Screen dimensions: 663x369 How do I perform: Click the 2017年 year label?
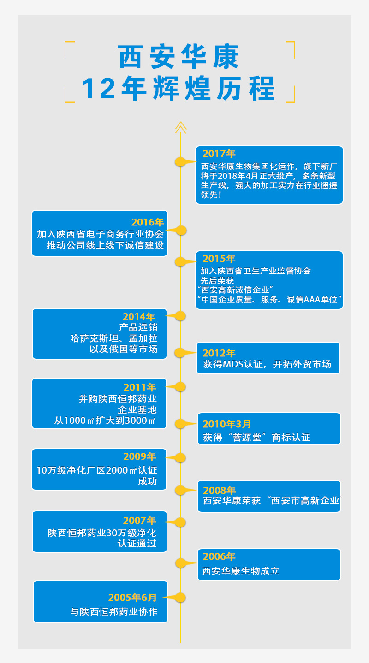[219, 154]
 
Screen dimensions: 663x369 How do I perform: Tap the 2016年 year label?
[148, 222]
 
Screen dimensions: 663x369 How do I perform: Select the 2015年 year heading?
[219, 259]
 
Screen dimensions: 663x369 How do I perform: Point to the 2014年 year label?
[139, 317]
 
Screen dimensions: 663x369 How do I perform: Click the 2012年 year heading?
[219, 353]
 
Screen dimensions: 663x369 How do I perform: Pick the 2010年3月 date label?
[227, 424]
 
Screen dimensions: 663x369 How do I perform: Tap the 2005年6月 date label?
[133, 598]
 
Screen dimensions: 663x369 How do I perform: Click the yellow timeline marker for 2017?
[180, 162]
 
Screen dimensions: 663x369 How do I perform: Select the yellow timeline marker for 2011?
[180, 386]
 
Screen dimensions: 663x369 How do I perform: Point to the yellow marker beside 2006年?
[180, 562]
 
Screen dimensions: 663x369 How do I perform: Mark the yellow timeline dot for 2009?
[180, 457]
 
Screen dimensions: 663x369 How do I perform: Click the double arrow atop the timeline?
[180, 127]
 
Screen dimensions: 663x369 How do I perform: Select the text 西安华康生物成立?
[241, 571]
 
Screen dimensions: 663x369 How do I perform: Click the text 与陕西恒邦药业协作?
[114, 612]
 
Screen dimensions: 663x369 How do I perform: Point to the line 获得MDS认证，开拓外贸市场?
[267, 365]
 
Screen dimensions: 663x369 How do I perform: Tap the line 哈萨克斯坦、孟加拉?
[113, 338]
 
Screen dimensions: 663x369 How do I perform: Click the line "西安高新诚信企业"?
[235, 290]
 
